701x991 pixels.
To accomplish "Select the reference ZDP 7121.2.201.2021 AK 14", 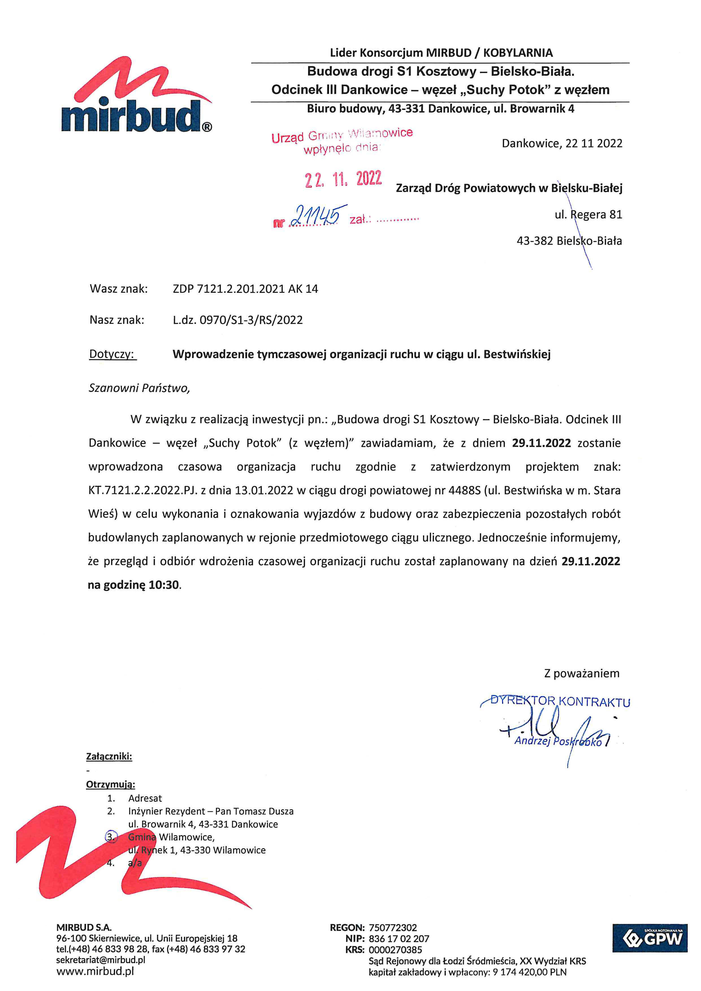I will point(245,289).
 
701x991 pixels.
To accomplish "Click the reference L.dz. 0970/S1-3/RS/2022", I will point(238,320).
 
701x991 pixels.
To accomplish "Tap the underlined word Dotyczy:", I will point(112,354).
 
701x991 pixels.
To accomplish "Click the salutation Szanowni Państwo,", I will point(139,388).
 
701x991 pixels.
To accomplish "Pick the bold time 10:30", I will point(164,585).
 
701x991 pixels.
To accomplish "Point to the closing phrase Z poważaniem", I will point(581,673).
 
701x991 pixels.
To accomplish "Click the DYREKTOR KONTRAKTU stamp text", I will point(560,701).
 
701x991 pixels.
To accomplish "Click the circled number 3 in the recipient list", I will point(111,837).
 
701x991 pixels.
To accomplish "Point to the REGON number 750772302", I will point(393,927).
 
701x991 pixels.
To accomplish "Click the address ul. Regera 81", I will point(588,214).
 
